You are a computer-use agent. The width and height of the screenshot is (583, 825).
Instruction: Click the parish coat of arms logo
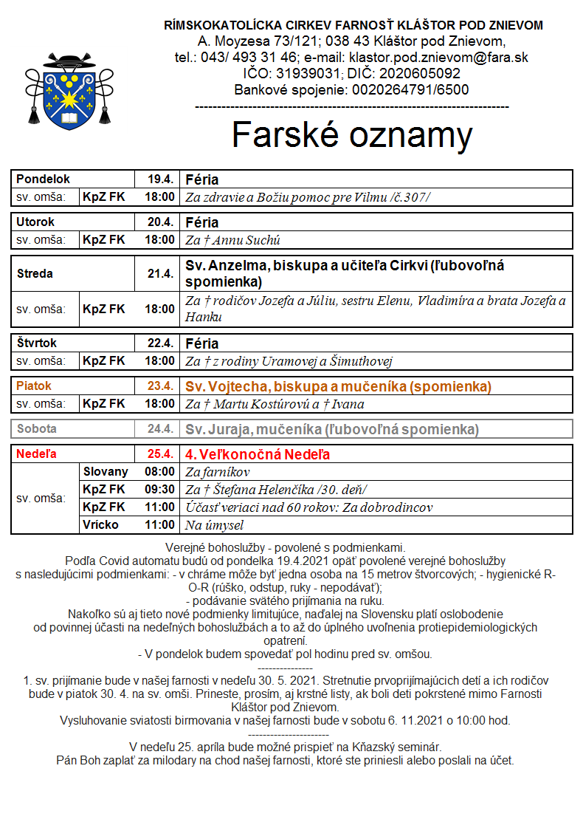(x=69, y=88)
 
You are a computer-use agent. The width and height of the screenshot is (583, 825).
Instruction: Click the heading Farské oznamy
(x=352, y=135)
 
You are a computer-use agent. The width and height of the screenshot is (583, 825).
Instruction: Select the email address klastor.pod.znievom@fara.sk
(x=438, y=57)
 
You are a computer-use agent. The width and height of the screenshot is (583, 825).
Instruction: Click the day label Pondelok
(x=44, y=179)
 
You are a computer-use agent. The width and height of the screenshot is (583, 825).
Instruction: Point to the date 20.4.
(x=160, y=222)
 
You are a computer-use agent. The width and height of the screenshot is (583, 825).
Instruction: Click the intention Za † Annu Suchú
(x=232, y=240)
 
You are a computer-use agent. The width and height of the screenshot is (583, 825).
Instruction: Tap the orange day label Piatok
(x=34, y=386)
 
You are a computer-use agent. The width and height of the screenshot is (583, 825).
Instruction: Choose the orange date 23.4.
(x=160, y=386)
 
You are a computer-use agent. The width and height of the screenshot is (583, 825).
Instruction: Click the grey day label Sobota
(x=37, y=429)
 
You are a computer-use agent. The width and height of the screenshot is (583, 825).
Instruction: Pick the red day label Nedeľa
(x=36, y=454)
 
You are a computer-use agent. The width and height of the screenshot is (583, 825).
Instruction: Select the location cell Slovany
(x=106, y=471)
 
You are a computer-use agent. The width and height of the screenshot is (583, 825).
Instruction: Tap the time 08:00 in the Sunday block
(x=160, y=471)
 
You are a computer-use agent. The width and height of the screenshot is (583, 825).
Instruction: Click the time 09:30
(x=160, y=489)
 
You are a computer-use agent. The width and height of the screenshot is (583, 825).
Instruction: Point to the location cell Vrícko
(x=101, y=525)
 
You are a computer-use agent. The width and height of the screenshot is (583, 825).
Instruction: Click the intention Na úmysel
(x=214, y=525)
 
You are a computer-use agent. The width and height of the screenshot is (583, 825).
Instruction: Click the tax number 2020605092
(x=418, y=73)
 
